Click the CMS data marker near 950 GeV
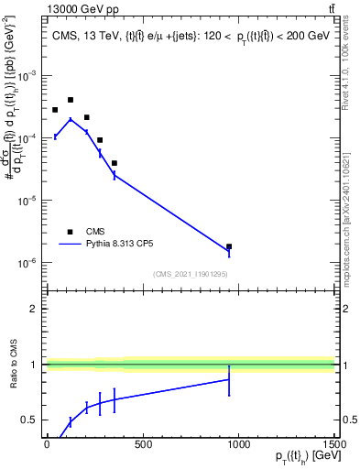pyautogui.click(x=229, y=246)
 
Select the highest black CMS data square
pyautogui.click(x=71, y=100)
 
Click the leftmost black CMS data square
pyautogui.click(x=55, y=110)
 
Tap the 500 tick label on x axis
pyautogui.click(x=142, y=444)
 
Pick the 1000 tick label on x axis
pyautogui.click(x=238, y=444)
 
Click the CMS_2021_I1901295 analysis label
pyautogui.click(x=190, y=274)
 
